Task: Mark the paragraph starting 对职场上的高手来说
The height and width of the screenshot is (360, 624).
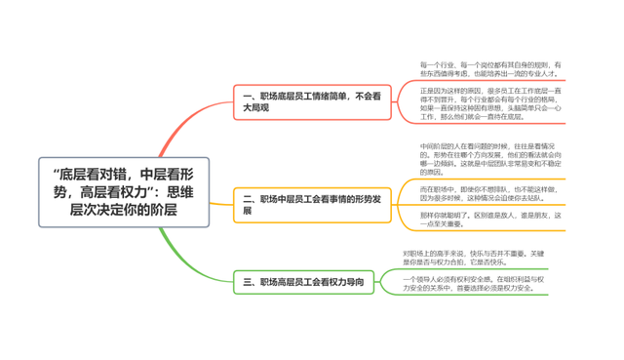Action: pos(475,257)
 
